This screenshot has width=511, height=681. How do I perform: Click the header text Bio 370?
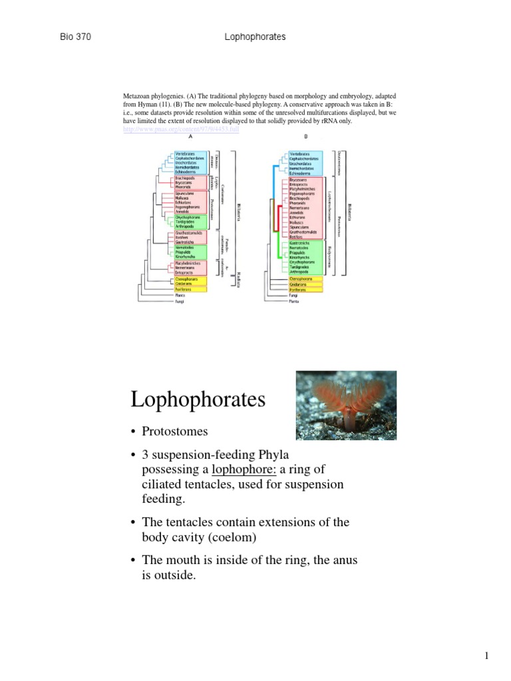point(75,37)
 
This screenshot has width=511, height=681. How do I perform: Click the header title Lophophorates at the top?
point(255,37)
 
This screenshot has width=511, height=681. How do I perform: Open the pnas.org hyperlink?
point(180,128)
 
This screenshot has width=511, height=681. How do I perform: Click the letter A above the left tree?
point(190,137)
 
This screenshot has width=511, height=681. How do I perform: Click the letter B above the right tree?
point(306,137)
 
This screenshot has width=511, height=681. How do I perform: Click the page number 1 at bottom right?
point(486,656)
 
